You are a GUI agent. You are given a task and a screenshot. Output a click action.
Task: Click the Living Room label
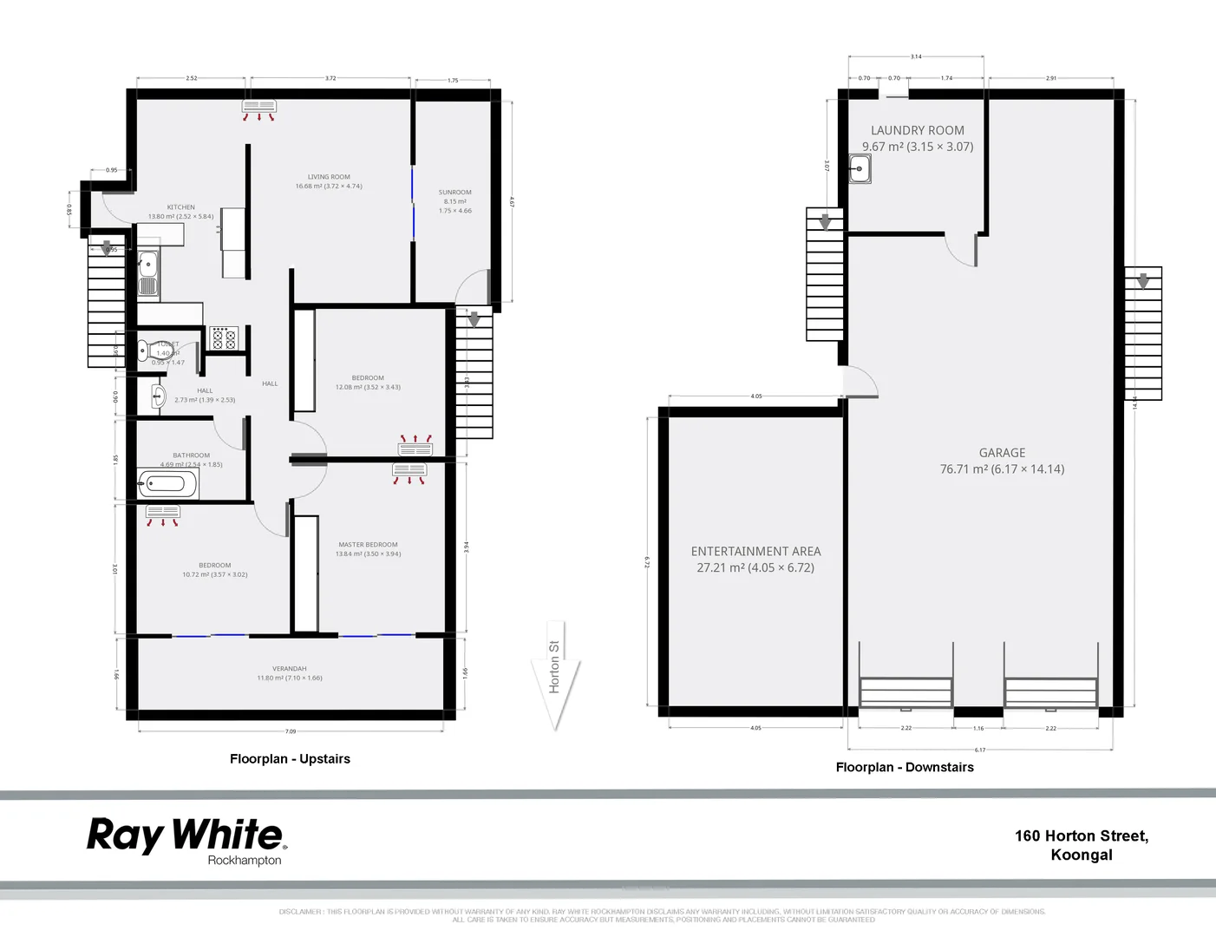329,177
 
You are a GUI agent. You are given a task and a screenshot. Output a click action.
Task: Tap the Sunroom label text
454,193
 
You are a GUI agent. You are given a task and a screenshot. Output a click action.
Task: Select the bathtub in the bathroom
167,483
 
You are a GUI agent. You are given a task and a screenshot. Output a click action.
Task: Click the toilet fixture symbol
150,351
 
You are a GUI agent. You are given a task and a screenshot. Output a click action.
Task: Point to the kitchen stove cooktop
224,338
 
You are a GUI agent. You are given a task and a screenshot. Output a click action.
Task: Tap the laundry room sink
860,168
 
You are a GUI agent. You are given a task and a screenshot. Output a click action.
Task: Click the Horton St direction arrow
555,676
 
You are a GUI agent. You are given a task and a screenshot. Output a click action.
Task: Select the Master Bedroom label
368,545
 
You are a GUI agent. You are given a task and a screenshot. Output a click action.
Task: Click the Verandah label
289,669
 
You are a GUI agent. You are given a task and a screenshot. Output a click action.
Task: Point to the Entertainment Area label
755,552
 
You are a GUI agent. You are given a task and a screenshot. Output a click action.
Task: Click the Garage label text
1002,453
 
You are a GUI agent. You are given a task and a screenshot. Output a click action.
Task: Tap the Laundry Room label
917,130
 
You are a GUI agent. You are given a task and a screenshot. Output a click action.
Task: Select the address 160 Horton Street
1081,836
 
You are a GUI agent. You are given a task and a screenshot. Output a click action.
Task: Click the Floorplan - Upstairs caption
290,759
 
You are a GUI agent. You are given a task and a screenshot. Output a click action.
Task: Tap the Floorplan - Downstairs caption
904,768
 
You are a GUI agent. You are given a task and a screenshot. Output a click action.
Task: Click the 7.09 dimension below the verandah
291,731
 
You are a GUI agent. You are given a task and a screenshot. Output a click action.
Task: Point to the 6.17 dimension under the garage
979,750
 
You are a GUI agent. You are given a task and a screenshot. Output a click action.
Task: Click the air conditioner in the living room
258,108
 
